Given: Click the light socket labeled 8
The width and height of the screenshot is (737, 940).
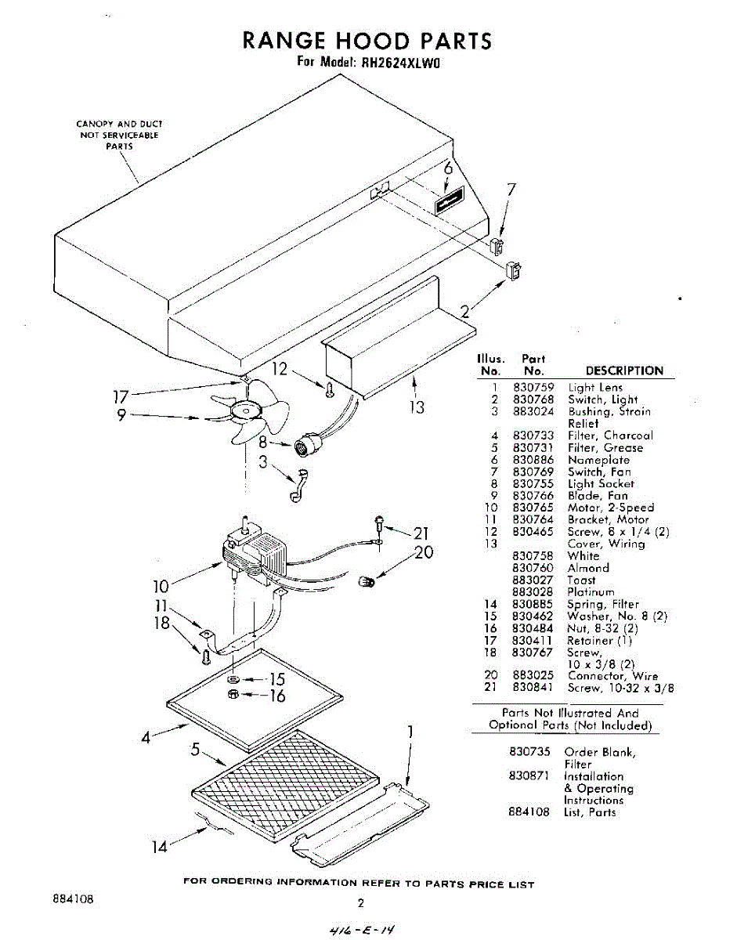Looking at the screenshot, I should point(305,446).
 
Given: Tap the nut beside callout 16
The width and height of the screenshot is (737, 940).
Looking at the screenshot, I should point(233,694).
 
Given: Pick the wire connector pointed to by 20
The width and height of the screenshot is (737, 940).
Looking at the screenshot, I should point(366,580).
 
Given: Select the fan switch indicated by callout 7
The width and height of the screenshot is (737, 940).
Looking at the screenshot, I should point(498,246).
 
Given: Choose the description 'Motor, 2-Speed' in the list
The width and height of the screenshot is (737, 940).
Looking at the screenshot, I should point(611,508).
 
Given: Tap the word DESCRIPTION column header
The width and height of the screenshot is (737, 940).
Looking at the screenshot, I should point(624,371).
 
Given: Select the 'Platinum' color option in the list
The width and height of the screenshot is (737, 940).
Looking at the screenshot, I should point(591,592).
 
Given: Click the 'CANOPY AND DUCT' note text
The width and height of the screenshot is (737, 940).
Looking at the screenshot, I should point(119,124).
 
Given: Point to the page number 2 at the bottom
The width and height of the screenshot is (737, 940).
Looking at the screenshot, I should point(361,902).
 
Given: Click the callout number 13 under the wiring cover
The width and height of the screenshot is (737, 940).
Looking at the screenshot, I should point(417,407).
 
